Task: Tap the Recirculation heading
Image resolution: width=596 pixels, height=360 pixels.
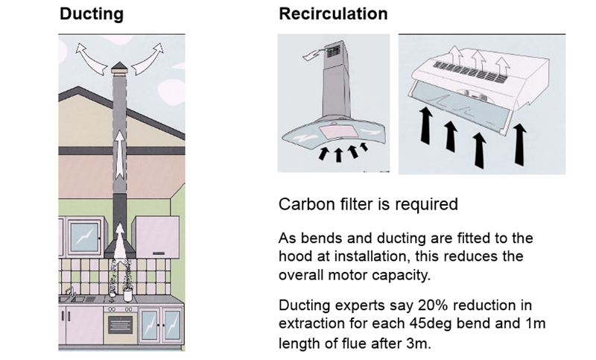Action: (x=333, y=13)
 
